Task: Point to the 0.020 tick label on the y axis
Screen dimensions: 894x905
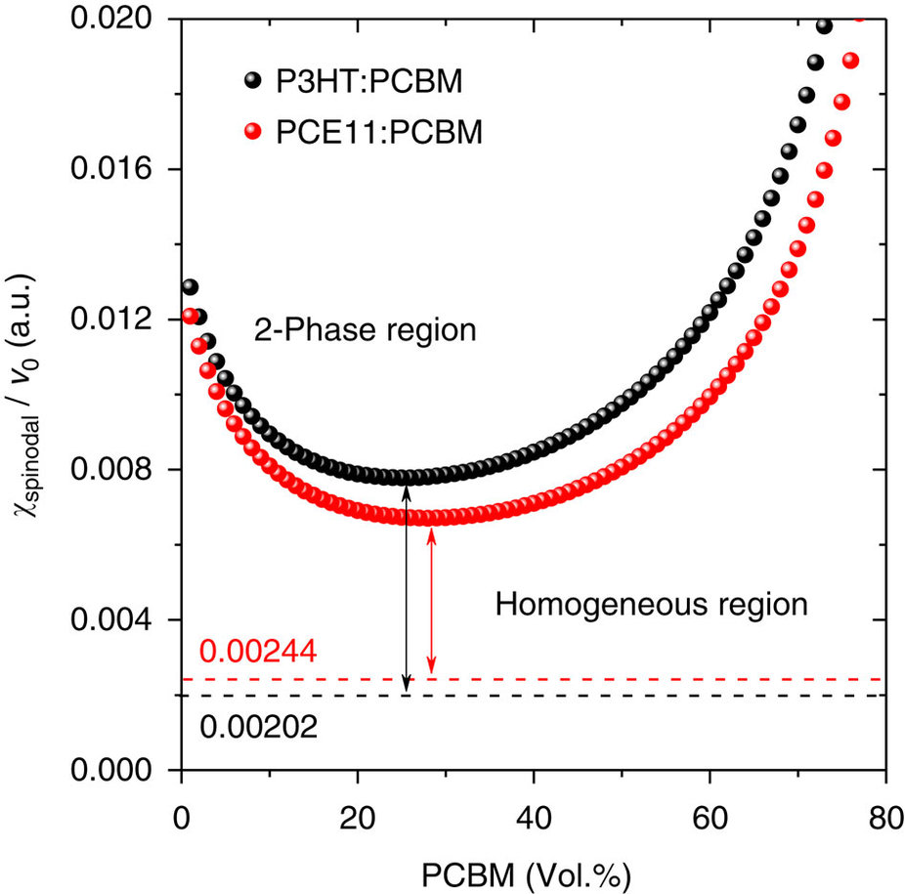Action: (120, 20)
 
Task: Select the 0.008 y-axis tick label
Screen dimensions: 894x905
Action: (120, 470)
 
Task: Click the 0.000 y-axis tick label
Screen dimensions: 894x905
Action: (120, 771)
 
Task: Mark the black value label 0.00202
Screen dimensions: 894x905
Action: (257, 726)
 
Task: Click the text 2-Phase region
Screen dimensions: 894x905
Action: (365, 330)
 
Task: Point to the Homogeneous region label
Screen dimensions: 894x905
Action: (652, 605)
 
